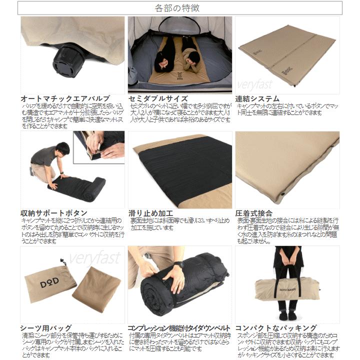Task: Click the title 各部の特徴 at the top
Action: [x=180, y=8]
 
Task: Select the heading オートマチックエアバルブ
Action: [x=65, y=99]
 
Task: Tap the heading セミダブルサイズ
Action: [x=158, y=99]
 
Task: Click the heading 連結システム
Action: [x=257, y=99]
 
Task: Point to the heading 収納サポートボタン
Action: [x=54, y=213]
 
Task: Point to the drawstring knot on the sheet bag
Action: [x=62, y=260]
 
